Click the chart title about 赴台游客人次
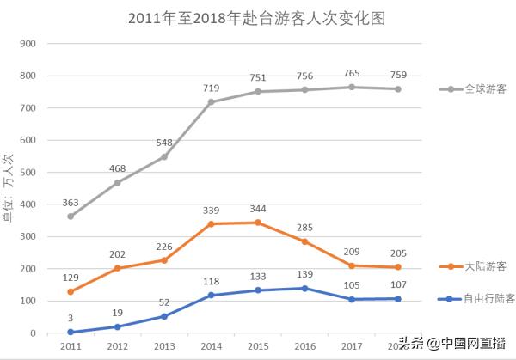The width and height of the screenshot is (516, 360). (257, 16)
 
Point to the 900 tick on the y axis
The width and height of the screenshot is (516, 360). (28, 44)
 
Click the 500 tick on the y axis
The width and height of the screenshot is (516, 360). (28, 173)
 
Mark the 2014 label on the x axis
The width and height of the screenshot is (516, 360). (211, 345)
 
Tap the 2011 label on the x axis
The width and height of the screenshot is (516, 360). (71, 345)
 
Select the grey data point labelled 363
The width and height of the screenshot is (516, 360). (71, 217)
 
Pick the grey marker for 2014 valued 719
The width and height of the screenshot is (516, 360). (211, 101)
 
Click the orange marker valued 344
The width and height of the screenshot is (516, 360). (258, 223)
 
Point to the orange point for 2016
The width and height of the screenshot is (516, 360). (304, 241)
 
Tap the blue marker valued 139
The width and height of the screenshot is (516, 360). (304, 289)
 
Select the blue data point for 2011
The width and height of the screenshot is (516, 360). (71, 333)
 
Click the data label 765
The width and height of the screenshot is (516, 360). (352, 74)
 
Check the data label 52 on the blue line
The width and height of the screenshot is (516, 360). (163, 302)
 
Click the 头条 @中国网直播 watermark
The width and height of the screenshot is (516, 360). (451, 343)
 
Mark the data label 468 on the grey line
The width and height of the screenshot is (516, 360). (117, 168)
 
